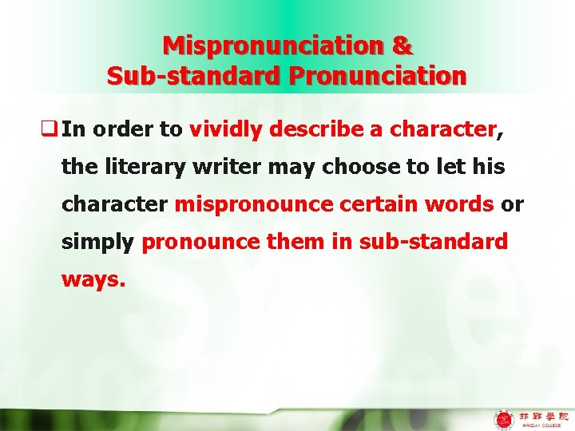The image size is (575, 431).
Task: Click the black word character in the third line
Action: coord(114,204)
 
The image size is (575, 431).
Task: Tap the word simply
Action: coord(97,242)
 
